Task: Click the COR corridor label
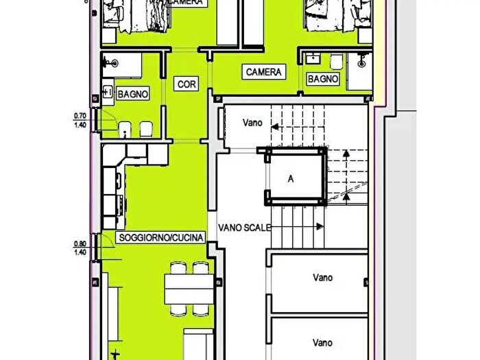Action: point(186,84)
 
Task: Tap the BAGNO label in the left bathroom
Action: point(132,93)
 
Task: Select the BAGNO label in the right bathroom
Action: point(322,79)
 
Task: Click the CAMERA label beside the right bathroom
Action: point(263,71)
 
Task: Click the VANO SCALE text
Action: point(245,227)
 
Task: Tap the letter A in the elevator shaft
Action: point(291,180)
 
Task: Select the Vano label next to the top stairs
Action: point(253,123)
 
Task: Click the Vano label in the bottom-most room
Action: point(322,342)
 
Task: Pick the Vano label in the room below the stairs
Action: point(322,278)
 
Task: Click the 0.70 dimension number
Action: point(80,116)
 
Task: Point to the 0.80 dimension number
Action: point(80,243)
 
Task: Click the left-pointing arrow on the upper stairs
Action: point(274,126)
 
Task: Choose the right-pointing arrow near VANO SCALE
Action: point(320,226)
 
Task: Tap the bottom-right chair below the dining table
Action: point(200,311)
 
